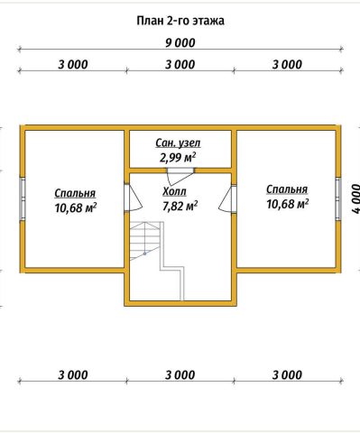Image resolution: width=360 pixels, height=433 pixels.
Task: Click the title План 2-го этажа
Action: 180,21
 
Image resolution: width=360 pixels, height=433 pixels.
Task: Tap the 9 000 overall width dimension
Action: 180,43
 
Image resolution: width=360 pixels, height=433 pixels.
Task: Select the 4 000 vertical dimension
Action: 355,198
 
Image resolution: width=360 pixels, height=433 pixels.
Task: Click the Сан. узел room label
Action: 178,143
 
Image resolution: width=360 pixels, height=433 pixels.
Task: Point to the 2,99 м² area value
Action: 178,157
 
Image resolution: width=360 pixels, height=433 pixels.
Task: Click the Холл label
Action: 174,191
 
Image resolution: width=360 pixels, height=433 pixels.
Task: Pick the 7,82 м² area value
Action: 180,206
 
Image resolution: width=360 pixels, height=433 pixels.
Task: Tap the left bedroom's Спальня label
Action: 75,193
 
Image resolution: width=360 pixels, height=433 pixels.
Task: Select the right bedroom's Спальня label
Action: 287,189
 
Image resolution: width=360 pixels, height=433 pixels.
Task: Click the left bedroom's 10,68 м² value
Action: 76,207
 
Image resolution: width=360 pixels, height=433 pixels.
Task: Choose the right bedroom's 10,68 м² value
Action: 287,204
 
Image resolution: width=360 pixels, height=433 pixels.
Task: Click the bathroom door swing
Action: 180,177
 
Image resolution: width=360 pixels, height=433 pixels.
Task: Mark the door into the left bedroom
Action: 134,198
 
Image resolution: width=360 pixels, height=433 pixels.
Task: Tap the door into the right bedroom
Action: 227,199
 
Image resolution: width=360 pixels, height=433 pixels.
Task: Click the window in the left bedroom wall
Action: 23,198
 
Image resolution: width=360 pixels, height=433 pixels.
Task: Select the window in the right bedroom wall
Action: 338,198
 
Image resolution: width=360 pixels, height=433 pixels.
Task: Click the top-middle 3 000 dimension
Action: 180,65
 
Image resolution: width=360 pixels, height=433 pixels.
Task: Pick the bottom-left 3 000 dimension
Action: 73,375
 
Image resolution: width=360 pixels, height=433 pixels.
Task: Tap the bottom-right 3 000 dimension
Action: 287,375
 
